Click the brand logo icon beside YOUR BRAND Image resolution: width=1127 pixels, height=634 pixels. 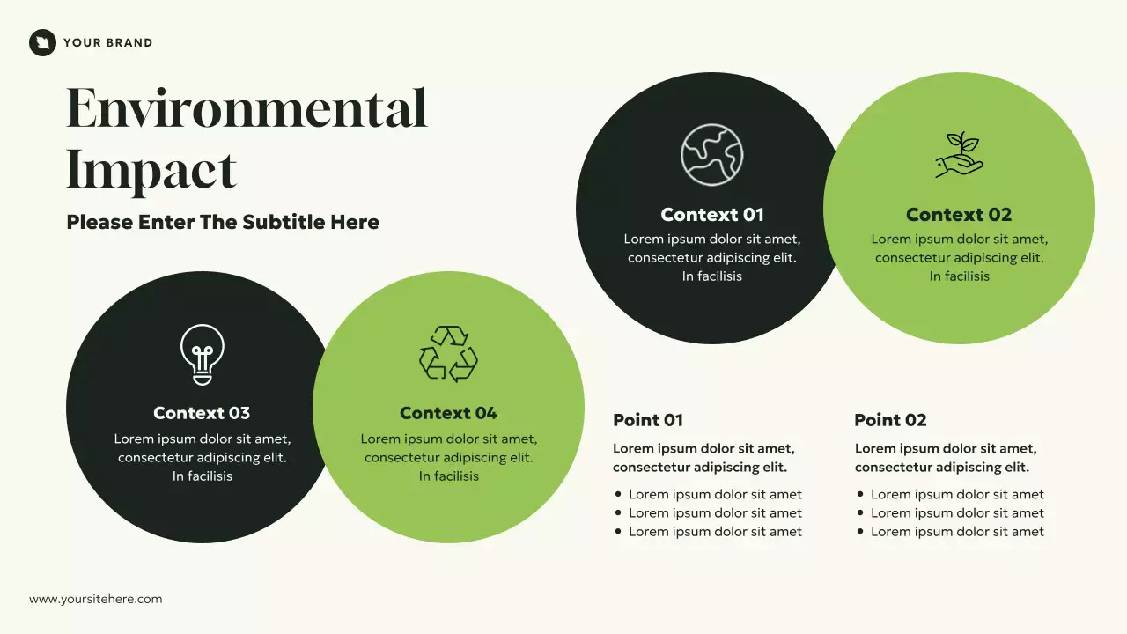pyautogui.click(x=42, y=42)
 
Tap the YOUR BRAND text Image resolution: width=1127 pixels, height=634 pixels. pyautogui.click(x=107, y=42)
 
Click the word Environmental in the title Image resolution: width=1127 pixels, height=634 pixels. pyautogui.click(x=247, y=109)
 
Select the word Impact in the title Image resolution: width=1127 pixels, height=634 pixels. pyautogui.click(x=151, y=170)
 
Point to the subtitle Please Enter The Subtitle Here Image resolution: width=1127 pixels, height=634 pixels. pyautogui.click(x=223, y=222)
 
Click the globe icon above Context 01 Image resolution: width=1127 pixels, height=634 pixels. pyautogui.click(x=711, y=155)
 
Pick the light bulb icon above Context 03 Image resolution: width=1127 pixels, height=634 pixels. pyautogui.click(x=202, y=354)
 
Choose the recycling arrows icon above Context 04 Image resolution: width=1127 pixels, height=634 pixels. pyautogui.click(x=448, y=353)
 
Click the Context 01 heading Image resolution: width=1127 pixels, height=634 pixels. pyautogui.click(x=712, y=215)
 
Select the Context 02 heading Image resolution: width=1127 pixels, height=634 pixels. pyautogui.click(x=959, y=215)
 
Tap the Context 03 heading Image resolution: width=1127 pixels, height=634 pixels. pyautogui.click(x=202, y=413)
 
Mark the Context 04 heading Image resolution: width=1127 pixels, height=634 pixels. pyautogui.click(x=448, y=413)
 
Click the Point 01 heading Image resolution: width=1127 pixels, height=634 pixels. pyautogui.click(x=648, y=420)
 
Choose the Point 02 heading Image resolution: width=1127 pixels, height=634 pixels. pyautogui.click(x=890, y=420)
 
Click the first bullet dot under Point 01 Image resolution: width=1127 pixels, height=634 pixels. pyautogui.click(x=618, y=495)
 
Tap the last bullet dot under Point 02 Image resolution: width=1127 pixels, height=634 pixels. pyautogui.click(x=860, y=532)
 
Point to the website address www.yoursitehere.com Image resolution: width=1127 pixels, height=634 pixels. pyautogui.click(x=96, y=599)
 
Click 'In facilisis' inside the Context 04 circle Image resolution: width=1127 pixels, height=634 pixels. pyautogui.click(x=449, y=476)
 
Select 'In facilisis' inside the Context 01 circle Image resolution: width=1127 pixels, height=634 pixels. pyautogui.click(x=712, y=276)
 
